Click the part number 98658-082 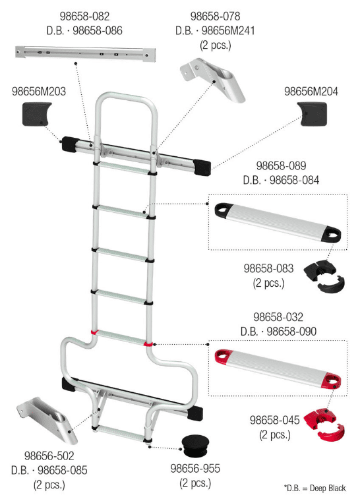(84, 16)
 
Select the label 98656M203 (39, 92)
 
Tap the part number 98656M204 (311, 92)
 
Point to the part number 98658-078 (215, 16)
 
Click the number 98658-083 (268, 268)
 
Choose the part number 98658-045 (275, 420)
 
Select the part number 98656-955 (195, 468)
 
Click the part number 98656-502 (49, 456)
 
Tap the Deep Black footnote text (315, 488)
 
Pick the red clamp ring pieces (324, 424)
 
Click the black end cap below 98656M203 (36, 113)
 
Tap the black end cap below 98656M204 (312, 114)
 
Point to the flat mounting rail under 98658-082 (86, 53)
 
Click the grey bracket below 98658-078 (213, 79)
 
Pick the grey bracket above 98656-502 (47, 419)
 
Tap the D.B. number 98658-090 (291, 332)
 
